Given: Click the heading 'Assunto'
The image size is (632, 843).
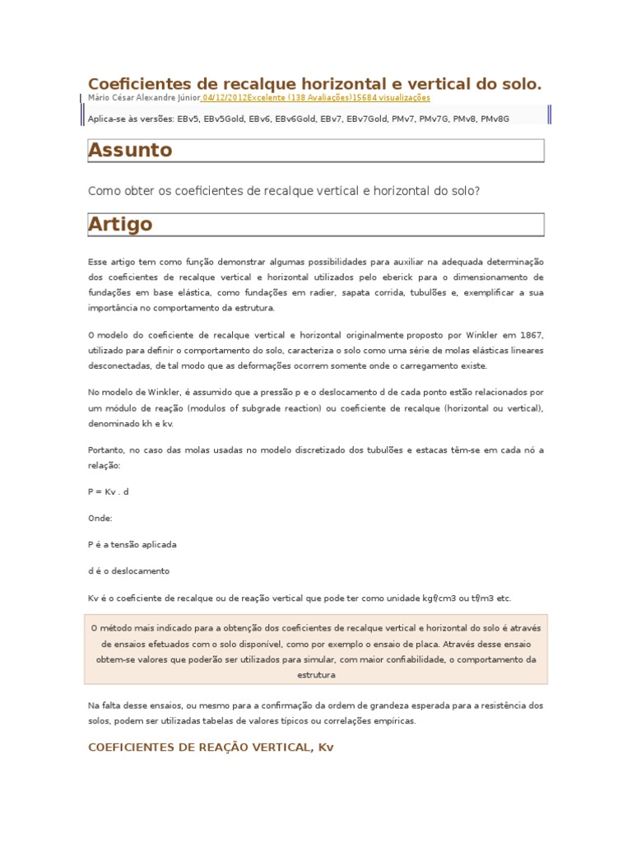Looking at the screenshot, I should pos(130,150).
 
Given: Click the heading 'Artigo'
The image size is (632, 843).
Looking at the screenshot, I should pos(120,224).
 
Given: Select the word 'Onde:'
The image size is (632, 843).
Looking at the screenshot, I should pos(100,518).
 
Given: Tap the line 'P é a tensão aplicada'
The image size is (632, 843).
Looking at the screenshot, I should pos(132,544).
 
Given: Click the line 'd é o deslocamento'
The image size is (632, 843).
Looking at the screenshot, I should pos(128,571).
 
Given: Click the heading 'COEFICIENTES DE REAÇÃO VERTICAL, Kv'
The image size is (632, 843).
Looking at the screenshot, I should pos(211,748).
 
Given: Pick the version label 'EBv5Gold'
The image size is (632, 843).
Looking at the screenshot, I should pos(223,119).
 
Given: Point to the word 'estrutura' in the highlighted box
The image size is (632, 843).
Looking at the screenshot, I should pos(316,675).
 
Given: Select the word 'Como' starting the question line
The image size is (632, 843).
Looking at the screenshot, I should pos(101,191).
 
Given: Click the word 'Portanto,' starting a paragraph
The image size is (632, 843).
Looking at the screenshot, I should pos(105,450).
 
